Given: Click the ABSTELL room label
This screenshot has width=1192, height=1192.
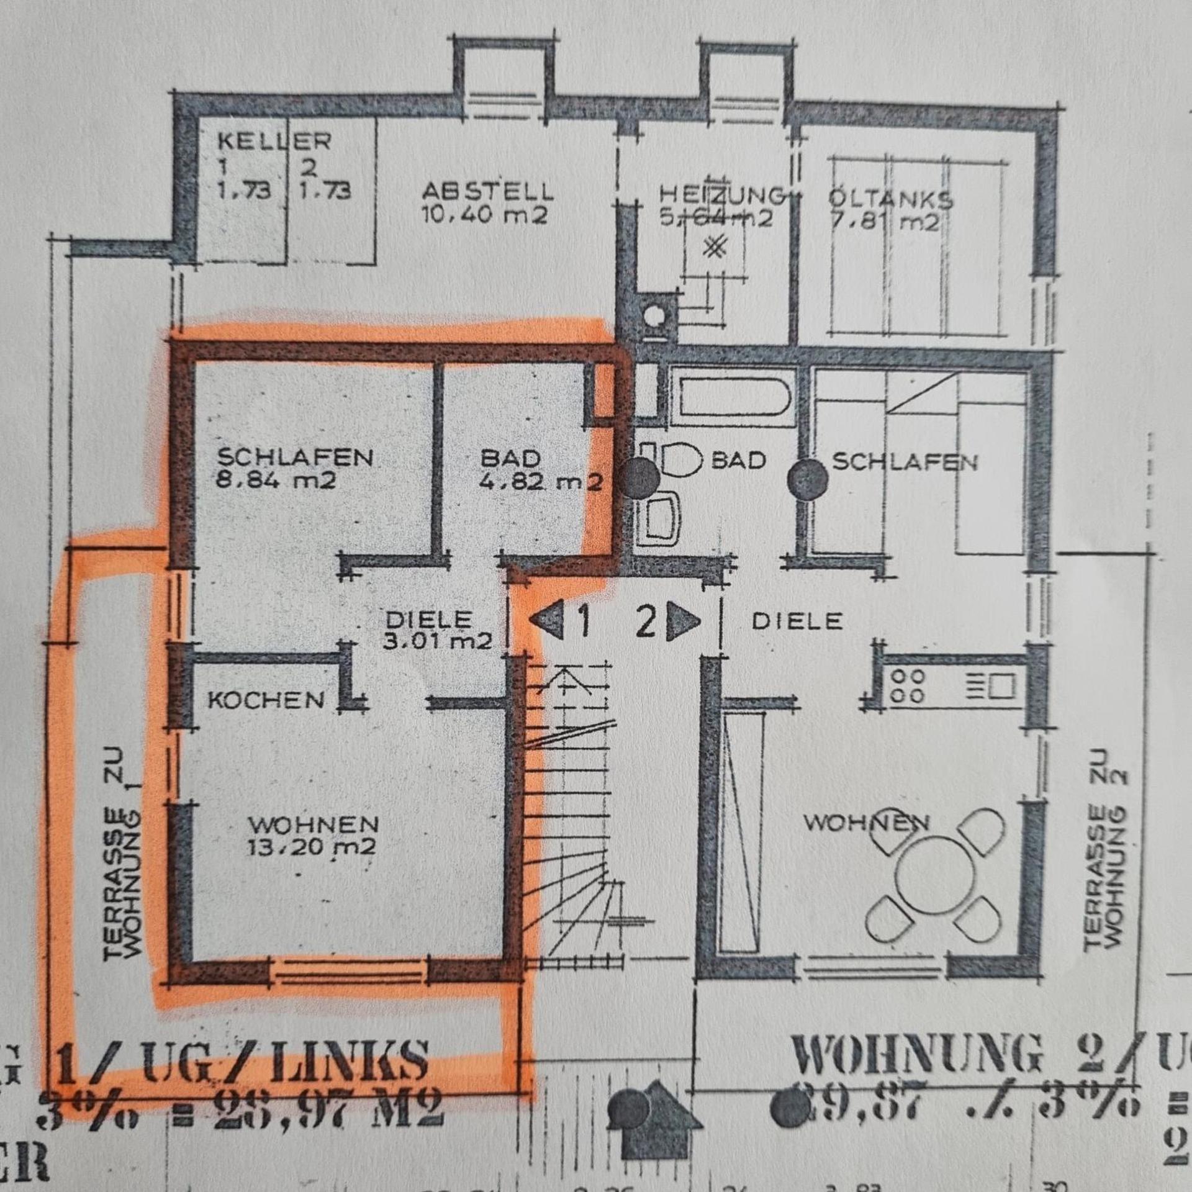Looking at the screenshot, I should coord(487,191).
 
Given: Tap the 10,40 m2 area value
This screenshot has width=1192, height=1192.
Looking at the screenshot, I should coord(484,215).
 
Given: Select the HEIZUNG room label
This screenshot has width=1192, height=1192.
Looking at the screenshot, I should coord(720,196).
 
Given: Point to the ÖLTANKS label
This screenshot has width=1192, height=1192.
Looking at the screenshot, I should coord(890,200).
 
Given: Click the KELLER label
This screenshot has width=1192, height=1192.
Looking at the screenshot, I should coord(274,141).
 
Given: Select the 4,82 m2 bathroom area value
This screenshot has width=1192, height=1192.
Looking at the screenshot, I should coord(540,482).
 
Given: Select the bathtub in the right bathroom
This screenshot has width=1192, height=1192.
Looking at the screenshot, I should coord(733,398).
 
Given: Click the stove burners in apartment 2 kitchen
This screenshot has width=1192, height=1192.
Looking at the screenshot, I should coord(907,685).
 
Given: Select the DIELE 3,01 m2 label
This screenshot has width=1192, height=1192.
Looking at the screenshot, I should coord(437,630).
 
